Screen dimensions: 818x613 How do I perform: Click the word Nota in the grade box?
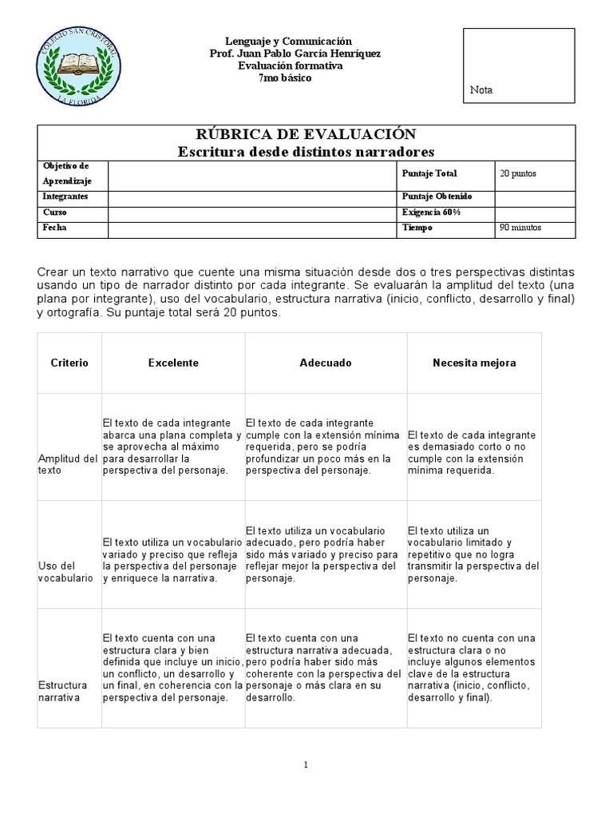click(x=481, y=90)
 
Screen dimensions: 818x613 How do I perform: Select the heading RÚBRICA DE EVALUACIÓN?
click(x=306, y=134)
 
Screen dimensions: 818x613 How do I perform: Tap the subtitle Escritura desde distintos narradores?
click(x=306, y=151)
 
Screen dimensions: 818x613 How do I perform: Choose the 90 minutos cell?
click(x=520, y=228)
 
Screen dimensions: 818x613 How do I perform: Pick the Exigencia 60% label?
click(x=431, y=212)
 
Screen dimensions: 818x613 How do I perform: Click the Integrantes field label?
click(x=66, y=197)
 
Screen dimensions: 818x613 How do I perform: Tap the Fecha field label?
click(x=56, y=228)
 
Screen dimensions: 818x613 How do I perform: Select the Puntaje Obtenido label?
click(x=437, y=197)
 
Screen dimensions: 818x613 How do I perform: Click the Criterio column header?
click(x=69, y=363)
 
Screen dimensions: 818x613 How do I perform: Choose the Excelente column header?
click(x=173, y=363)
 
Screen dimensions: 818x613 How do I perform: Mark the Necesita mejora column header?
click(x=474, y=363)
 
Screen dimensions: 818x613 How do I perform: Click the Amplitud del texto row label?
click(x=68, y=465)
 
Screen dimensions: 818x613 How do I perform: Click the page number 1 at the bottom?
click(x=306, y=765)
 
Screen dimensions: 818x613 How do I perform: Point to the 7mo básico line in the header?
click(x=285, y=78)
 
